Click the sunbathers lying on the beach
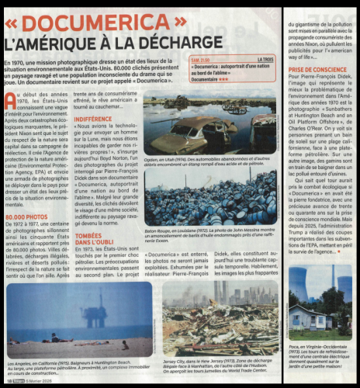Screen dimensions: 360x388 54,338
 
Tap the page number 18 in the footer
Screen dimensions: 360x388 9,381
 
